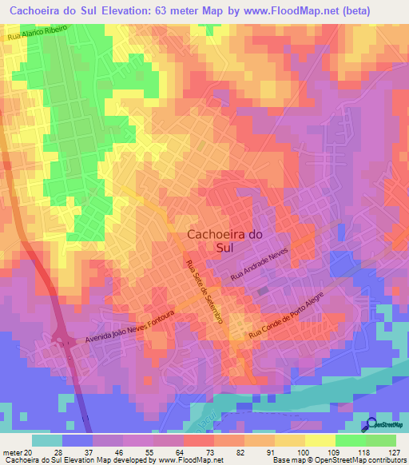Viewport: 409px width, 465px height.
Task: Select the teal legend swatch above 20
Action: (46, 440)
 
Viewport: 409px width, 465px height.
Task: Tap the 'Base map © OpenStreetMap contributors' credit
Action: (339, 460)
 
